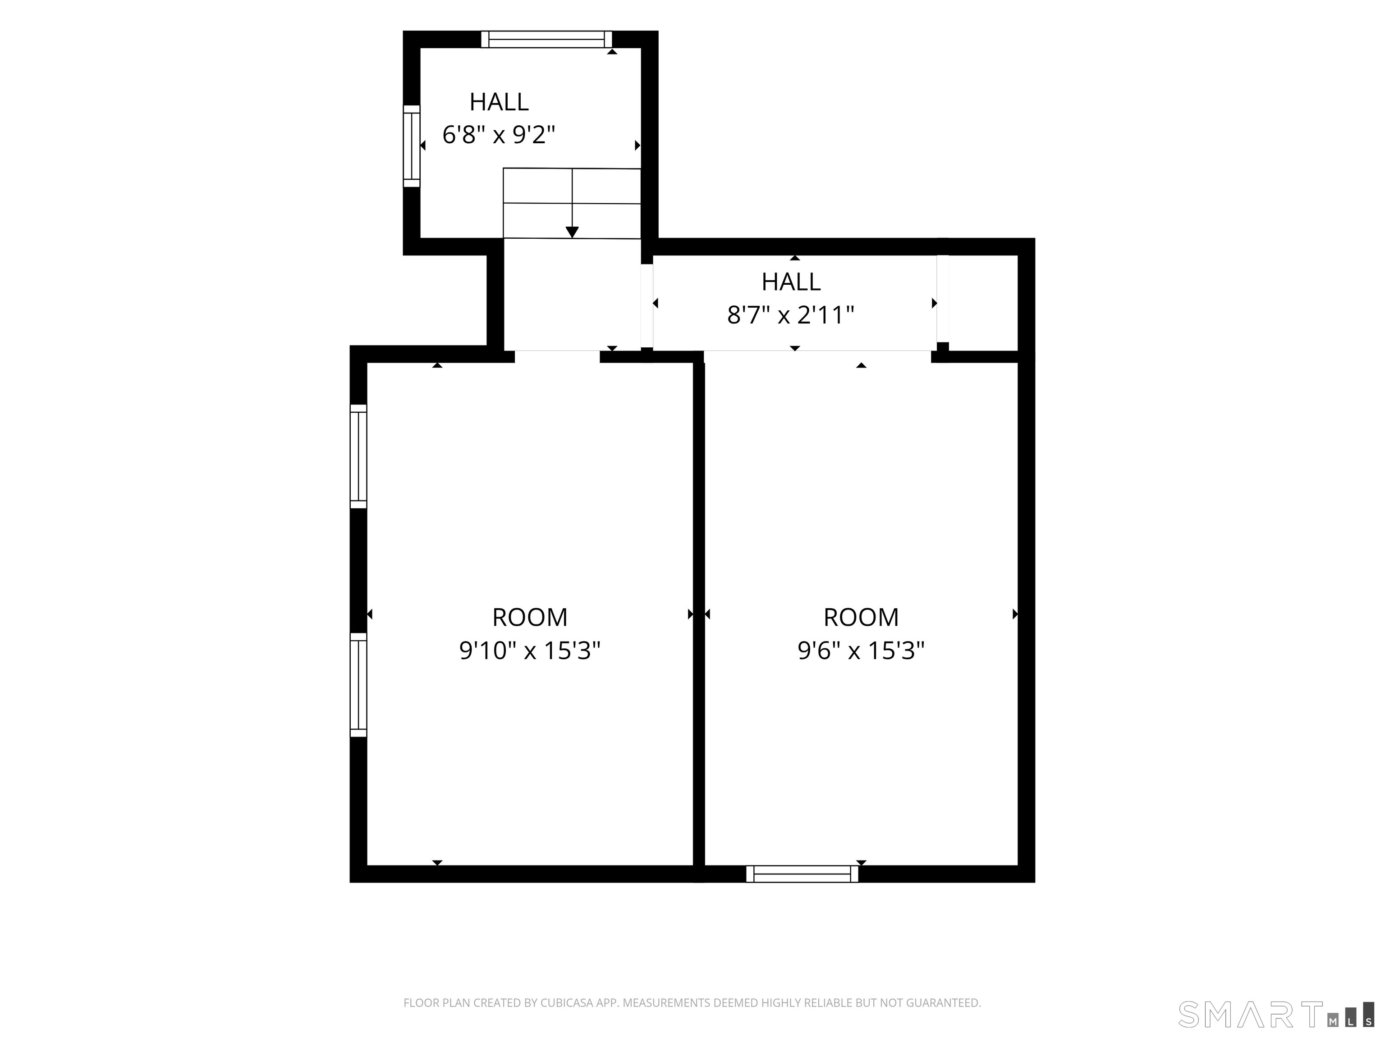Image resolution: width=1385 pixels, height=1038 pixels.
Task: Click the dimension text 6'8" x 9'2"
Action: click(x=499, y=135)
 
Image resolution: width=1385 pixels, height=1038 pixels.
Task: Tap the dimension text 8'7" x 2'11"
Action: click(x=791, y=315)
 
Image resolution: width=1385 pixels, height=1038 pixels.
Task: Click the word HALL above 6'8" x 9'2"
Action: click(x=499, y=102)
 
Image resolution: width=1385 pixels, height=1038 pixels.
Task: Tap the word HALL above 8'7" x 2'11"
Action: click(x=791, y=282)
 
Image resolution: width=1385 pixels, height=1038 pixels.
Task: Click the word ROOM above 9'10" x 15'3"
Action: click(x=530, y=618)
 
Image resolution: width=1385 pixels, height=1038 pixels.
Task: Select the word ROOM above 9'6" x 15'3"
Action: click(x=861, y=618)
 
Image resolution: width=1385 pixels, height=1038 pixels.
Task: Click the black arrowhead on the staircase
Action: click(x=572, y=232)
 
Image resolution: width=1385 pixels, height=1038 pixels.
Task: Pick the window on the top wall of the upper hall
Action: click(x=546, y=39)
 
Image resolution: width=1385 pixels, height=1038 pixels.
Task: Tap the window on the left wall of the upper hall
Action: click(x=411, y=146)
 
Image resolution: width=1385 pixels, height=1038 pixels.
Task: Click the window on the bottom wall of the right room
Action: click(x=802, y=874)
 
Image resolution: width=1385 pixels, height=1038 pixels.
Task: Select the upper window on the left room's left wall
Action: click(x=358, y=456)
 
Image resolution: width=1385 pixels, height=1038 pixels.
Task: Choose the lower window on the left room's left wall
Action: click(x=358, y=684)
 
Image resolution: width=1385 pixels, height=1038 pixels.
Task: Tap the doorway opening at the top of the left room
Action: click(x=557, y=357)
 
